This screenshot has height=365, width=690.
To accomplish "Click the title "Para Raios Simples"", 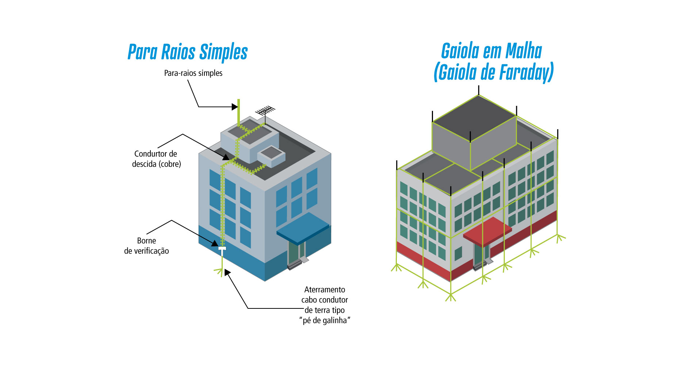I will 188,52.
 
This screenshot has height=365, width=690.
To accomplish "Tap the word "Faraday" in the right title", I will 526,72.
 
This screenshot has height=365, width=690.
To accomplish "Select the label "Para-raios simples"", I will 193,73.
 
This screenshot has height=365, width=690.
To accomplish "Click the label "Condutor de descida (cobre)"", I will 156,159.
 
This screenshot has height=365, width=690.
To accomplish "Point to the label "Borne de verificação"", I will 146,246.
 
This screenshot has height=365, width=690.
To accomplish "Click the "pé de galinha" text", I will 325,320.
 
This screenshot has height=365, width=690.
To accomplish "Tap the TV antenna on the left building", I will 265,110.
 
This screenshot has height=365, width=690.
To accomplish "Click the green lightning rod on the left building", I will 238,111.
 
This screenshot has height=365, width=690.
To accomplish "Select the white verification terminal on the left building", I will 222,249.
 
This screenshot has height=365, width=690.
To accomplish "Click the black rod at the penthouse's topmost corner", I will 478,90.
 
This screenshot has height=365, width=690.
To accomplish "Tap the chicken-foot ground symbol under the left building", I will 219,271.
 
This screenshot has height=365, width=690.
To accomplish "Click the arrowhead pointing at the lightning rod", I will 234,107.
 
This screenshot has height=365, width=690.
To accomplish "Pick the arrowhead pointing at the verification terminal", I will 215,242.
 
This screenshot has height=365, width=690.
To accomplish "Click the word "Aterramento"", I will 325,290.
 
